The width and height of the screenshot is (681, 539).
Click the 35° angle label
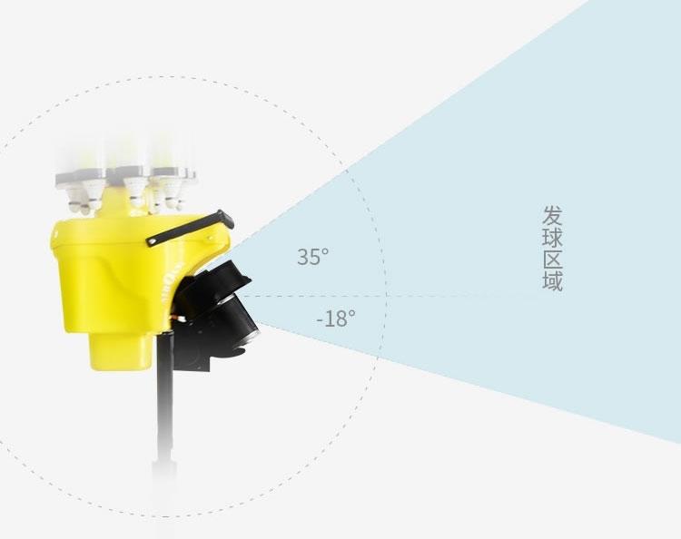tap(313, 257)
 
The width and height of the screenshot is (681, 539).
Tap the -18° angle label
tap(336, 318)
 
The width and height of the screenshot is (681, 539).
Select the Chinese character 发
tap(552, 216)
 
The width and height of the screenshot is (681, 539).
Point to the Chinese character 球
tap(552, 238)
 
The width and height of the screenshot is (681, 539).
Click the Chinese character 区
tap(552, 260)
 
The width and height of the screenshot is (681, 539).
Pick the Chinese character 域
tap(552, 280)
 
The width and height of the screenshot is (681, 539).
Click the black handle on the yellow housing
tap(190, 229)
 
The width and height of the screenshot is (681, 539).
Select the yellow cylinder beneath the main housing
tap(120, 351)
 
